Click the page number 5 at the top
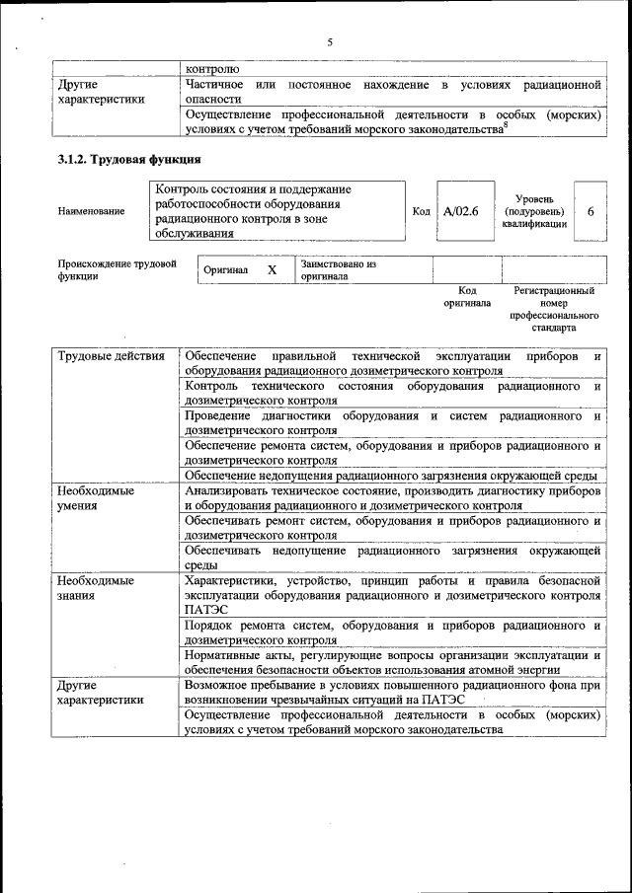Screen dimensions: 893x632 click(x=330, y=42)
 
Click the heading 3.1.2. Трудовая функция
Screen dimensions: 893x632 click(x=129, y=159)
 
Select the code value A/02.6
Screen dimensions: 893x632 click(x=461, y=210)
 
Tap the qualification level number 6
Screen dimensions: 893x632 click(x=591, y=211)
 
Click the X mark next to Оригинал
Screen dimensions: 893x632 click(x=272, y=269)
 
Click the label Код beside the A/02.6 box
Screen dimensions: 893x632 click(x=421, y=211)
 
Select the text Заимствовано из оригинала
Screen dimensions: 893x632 click(x=339, y=270)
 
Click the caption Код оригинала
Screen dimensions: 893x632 click(x=467, y=297)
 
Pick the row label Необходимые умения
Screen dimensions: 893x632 click(x=96, y=497)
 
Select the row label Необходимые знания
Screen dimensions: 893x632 click(x=96, y=588)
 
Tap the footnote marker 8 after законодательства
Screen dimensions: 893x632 click(x=507, y=124)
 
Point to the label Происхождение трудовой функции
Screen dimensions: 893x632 click(x=117, y=270)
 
